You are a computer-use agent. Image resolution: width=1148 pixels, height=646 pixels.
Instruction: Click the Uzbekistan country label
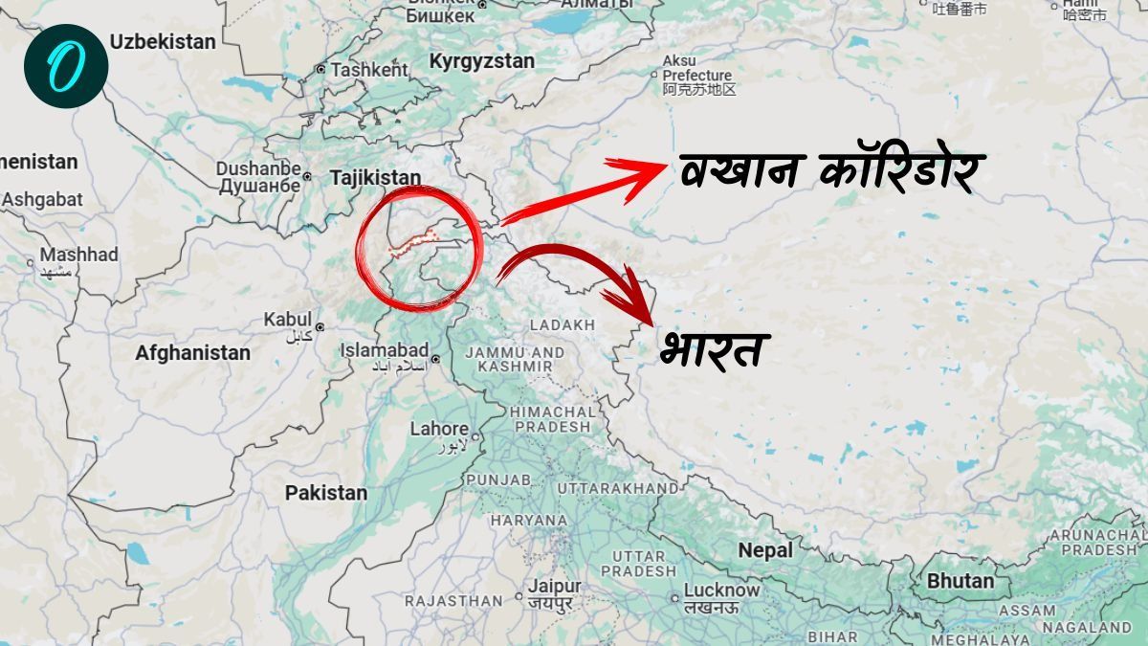pyautogui.click(x=163, y=42)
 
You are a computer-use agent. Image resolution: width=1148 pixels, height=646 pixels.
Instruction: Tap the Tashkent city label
pyautogui.click(x=369, y=70)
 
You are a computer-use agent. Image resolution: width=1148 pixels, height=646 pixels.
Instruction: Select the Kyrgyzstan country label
pyautogui.click(x=481, y=61)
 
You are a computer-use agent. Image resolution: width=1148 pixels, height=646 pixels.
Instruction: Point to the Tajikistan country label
pyautogui.click(x=375, y=178)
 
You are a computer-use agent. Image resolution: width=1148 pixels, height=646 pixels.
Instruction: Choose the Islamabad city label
pyautogui.click(x=385, y=351)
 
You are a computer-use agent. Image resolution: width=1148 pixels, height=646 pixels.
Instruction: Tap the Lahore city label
pyautogui.click(x=439, y=430)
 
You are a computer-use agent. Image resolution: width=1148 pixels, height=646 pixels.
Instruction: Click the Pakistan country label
pyautogui.click(x=325, y=493)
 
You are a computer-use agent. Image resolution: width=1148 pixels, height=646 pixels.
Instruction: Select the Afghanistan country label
pyautogui.click(x=192, y=353)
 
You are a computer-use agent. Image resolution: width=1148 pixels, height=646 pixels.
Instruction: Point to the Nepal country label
pyautogui.click(x=765, y=550)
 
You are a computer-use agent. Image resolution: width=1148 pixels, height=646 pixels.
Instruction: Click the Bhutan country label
pyautogui.click(x=960, y=581)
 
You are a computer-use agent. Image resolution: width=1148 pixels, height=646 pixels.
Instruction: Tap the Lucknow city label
pyautogui.click(x=721, y=590)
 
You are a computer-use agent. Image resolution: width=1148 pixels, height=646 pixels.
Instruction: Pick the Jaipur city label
pyautogui.click(x=553, y=587)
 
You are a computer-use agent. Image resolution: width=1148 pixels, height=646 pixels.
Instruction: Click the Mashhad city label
pyautogui.click(x=78, y=256)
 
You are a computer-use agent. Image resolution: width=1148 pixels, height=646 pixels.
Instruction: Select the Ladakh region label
pyautogui.click(x=562, y=325)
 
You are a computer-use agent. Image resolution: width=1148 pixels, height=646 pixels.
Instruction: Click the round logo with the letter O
pyautogui.click(x=66, y=65)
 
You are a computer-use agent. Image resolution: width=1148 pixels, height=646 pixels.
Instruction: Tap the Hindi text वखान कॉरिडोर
pyautogui.click(x=828, y=172)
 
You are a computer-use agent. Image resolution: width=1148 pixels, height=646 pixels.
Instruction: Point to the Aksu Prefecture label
pyautogui.click(x=697, y=75)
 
